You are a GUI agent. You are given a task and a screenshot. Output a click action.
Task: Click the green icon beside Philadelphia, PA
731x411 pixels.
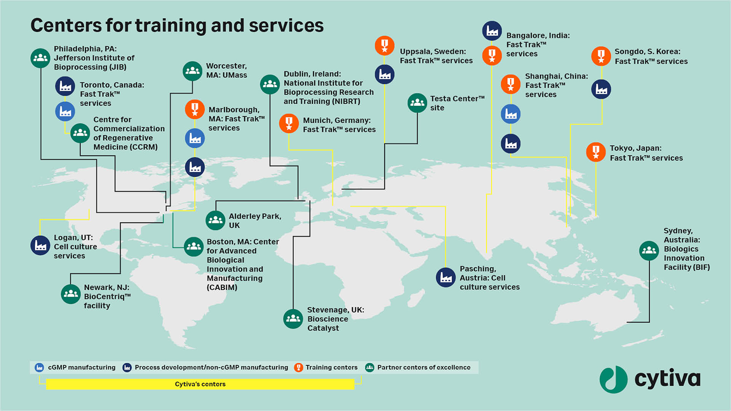pyautogui.click(x=40, y=58)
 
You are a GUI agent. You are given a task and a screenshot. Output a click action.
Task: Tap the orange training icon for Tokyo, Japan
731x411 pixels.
pyautogui.click(x=596, y=152)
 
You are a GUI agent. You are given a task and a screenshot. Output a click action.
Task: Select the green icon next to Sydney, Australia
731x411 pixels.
pyautogui.click(x=649, y=251)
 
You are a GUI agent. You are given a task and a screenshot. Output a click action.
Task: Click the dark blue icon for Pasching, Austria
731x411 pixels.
pyautogui.click(x=445, y=278)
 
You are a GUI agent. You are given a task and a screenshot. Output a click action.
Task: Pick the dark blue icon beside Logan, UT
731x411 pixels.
pyautogui.click(x=40, y=245)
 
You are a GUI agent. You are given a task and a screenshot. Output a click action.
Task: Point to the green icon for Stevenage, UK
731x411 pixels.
pyautogui.click(x=293, y=319)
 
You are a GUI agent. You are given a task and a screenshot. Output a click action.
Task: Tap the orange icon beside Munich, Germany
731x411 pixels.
pyautogui.click(x=289, y=124)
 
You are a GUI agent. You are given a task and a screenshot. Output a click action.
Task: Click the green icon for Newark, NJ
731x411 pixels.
pyautogui.click(x=71, y=294)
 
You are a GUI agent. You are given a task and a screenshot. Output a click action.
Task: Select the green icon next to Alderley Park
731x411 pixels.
pyautogui.click(x=215, y=221)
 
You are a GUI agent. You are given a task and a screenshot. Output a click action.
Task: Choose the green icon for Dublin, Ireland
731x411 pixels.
pyautogui.click(x=270, y=85)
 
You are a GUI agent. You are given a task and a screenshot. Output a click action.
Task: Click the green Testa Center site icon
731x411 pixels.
pyautogui.click(x=417, y=103)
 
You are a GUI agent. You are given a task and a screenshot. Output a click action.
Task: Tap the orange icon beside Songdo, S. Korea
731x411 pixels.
pyautogui.click(x=601, y=56)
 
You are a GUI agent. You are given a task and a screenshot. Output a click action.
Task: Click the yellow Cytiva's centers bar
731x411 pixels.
pyautogui.click(x=200, y=384)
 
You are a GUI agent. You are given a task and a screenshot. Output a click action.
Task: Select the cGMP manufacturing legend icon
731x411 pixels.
pyautogui.click(x=39, y=368)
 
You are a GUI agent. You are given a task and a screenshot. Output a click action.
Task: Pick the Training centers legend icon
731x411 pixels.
pyautogui.click(x=299, y=368)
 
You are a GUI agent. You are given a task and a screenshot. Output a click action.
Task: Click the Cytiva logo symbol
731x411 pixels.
pyautogui.click(x=614, y=379)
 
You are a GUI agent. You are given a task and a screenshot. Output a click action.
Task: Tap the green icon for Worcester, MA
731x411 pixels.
pyautogui.click(x=192, y=71)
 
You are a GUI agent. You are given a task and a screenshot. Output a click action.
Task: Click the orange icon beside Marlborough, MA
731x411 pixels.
pyautogui.click(x=195, y=110)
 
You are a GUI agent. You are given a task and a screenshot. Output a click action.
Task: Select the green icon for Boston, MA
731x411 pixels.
pyautogui.click(x=193, y=247)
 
